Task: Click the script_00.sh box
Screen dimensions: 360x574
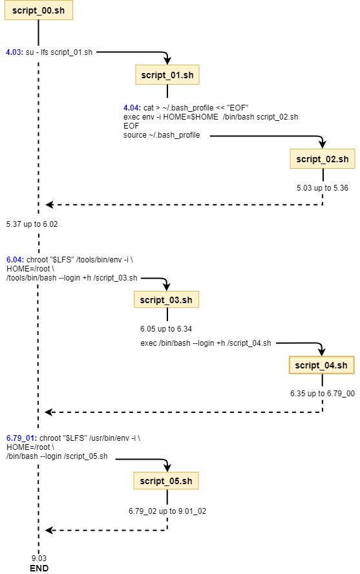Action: coord(38,10)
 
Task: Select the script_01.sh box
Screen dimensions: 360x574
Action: coord(167,75)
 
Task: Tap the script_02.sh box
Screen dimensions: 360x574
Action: coord(323,159)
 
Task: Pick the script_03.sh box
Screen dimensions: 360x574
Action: coord(167,300)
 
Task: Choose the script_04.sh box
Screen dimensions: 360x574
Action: coord(322,365)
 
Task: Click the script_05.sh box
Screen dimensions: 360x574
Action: coord(166,481)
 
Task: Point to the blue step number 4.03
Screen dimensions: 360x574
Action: coord(15,52)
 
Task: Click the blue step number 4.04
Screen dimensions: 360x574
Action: coord(132,107)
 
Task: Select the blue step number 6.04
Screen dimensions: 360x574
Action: coord(16,260)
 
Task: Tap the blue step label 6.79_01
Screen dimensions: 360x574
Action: coord(21,438)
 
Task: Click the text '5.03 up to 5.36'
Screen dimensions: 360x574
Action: coord(323,188)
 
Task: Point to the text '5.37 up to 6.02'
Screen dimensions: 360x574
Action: coord(32,224)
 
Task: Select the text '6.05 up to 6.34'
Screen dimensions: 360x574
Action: coord(166,329)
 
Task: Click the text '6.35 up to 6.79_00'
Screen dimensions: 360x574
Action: coord(323,394)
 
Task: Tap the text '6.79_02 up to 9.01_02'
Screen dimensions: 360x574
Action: coord(167,511)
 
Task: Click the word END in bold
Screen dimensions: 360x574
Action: coord(39,568)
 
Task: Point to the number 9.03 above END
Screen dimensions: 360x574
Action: coord(39,558)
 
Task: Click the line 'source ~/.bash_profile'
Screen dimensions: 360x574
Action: coord(162,135)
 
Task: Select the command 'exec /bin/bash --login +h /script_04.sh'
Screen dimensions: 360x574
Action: coord(206,343)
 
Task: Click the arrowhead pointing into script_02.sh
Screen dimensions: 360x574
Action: coord(322,145)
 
